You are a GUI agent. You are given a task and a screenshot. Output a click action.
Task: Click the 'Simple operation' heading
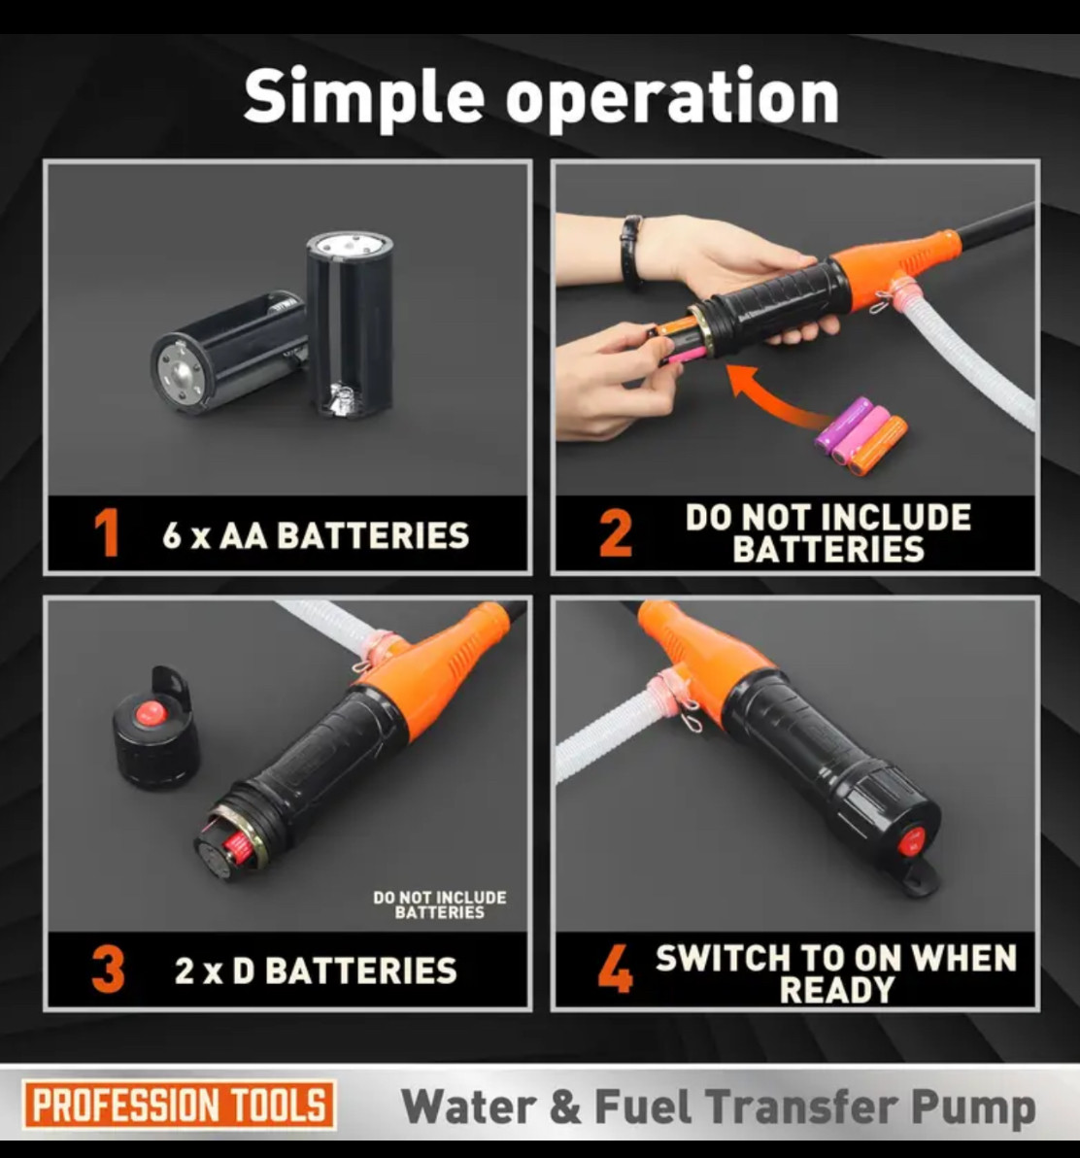541,97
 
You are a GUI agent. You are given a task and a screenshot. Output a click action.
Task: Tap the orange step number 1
107,533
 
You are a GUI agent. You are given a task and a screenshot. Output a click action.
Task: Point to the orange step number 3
108,969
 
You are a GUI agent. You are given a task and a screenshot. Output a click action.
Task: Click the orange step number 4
615,969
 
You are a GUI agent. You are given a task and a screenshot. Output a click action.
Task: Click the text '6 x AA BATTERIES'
316,535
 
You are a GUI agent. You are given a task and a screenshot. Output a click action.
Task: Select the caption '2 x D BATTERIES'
316,971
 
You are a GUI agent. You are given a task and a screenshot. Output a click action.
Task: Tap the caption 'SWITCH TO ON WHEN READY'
836,973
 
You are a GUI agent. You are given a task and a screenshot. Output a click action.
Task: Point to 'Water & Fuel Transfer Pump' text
719,1107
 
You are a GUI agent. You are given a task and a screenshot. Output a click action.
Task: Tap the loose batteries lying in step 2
861,436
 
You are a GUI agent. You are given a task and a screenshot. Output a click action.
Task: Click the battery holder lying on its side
229,351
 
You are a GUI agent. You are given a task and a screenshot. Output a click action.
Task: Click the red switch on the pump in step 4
912,839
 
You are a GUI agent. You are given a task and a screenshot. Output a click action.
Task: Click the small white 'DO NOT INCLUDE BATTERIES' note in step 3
440,904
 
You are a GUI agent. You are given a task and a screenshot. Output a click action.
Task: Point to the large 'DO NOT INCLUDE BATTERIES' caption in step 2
828,533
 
